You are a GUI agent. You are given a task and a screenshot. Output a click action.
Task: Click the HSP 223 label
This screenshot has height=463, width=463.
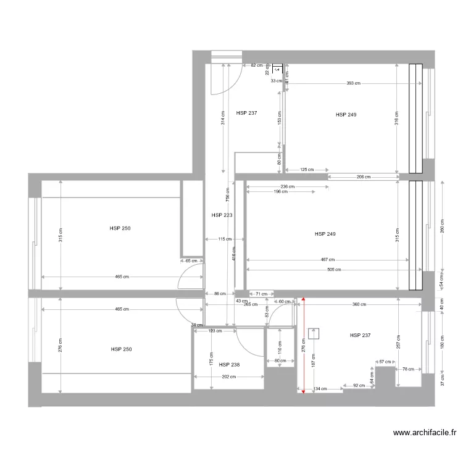(x=222, y=215)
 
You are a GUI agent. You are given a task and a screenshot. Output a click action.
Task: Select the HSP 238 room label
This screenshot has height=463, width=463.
(x=229, y=365)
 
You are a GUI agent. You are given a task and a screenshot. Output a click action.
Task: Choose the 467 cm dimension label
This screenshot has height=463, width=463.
(x=327, y=260)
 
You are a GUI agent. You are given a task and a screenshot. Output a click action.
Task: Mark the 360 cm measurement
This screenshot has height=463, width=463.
(x=359, y=304)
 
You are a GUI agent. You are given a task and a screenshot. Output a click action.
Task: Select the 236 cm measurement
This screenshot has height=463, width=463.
(x=287, y=186)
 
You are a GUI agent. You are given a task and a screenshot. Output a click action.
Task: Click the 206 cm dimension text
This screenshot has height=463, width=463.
(x=364, y=177)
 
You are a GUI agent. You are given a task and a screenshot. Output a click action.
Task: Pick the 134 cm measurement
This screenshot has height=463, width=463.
(x=320, y=389)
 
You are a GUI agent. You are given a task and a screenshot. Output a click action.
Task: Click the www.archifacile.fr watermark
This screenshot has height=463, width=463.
(x=425, y=434)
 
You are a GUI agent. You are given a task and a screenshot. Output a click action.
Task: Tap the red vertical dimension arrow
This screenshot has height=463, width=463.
(x=302, y=346)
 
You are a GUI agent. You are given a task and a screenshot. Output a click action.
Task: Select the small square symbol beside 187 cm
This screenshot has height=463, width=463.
(x=314, y=334)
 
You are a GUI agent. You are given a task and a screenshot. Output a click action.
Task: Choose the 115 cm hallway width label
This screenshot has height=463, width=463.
(x=224, y=239)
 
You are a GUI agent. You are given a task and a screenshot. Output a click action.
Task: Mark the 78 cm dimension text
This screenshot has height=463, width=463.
(x=408, y=369)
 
